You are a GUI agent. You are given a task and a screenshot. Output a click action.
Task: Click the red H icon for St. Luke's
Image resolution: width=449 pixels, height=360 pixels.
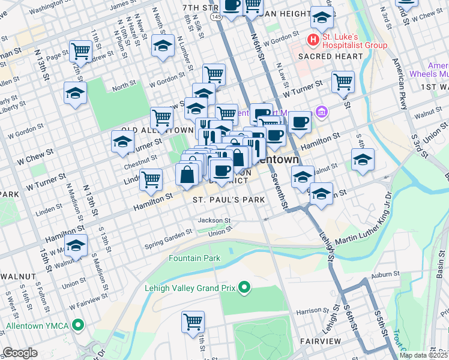click(x=313, y=40)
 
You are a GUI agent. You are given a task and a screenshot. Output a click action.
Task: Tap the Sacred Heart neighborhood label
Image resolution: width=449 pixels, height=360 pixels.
click(x=330, y=56)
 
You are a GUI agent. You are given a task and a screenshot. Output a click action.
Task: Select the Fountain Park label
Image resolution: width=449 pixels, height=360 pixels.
click(x=194, y=259)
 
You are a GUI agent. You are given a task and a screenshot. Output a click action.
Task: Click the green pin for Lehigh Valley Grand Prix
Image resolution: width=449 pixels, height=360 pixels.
click(x=244, y=288)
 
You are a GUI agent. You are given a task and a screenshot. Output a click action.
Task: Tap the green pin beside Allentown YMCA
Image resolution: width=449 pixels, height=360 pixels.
click(x=77, y=326)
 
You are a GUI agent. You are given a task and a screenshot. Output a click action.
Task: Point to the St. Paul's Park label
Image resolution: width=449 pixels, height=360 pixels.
click(x=229, y=200)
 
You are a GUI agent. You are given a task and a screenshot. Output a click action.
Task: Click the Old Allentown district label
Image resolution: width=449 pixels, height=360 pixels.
click(x=149, y=130)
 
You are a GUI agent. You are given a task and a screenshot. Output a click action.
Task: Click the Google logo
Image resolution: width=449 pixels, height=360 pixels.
click(x=20, y=353)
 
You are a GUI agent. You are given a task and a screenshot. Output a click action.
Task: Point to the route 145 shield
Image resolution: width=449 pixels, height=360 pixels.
click(x=216, y=18)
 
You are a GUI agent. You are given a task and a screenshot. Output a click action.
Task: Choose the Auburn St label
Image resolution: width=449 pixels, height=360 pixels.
click(x=385, y=274)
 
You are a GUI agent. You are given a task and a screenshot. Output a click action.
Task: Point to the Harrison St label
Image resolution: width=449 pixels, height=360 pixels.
click(x=310, y=311)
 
